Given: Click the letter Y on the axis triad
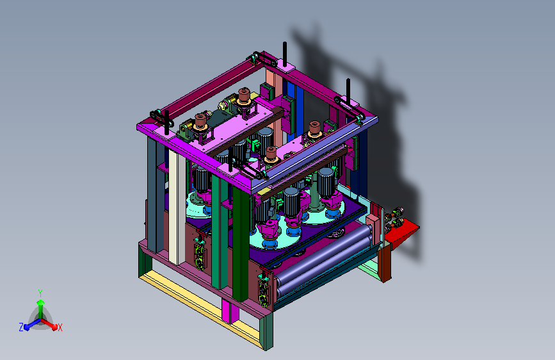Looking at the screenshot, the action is [40, 293].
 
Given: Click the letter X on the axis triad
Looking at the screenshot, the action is [60, 327].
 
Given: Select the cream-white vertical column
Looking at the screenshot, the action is [177, 208].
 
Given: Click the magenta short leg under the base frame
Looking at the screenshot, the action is [230, 311].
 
